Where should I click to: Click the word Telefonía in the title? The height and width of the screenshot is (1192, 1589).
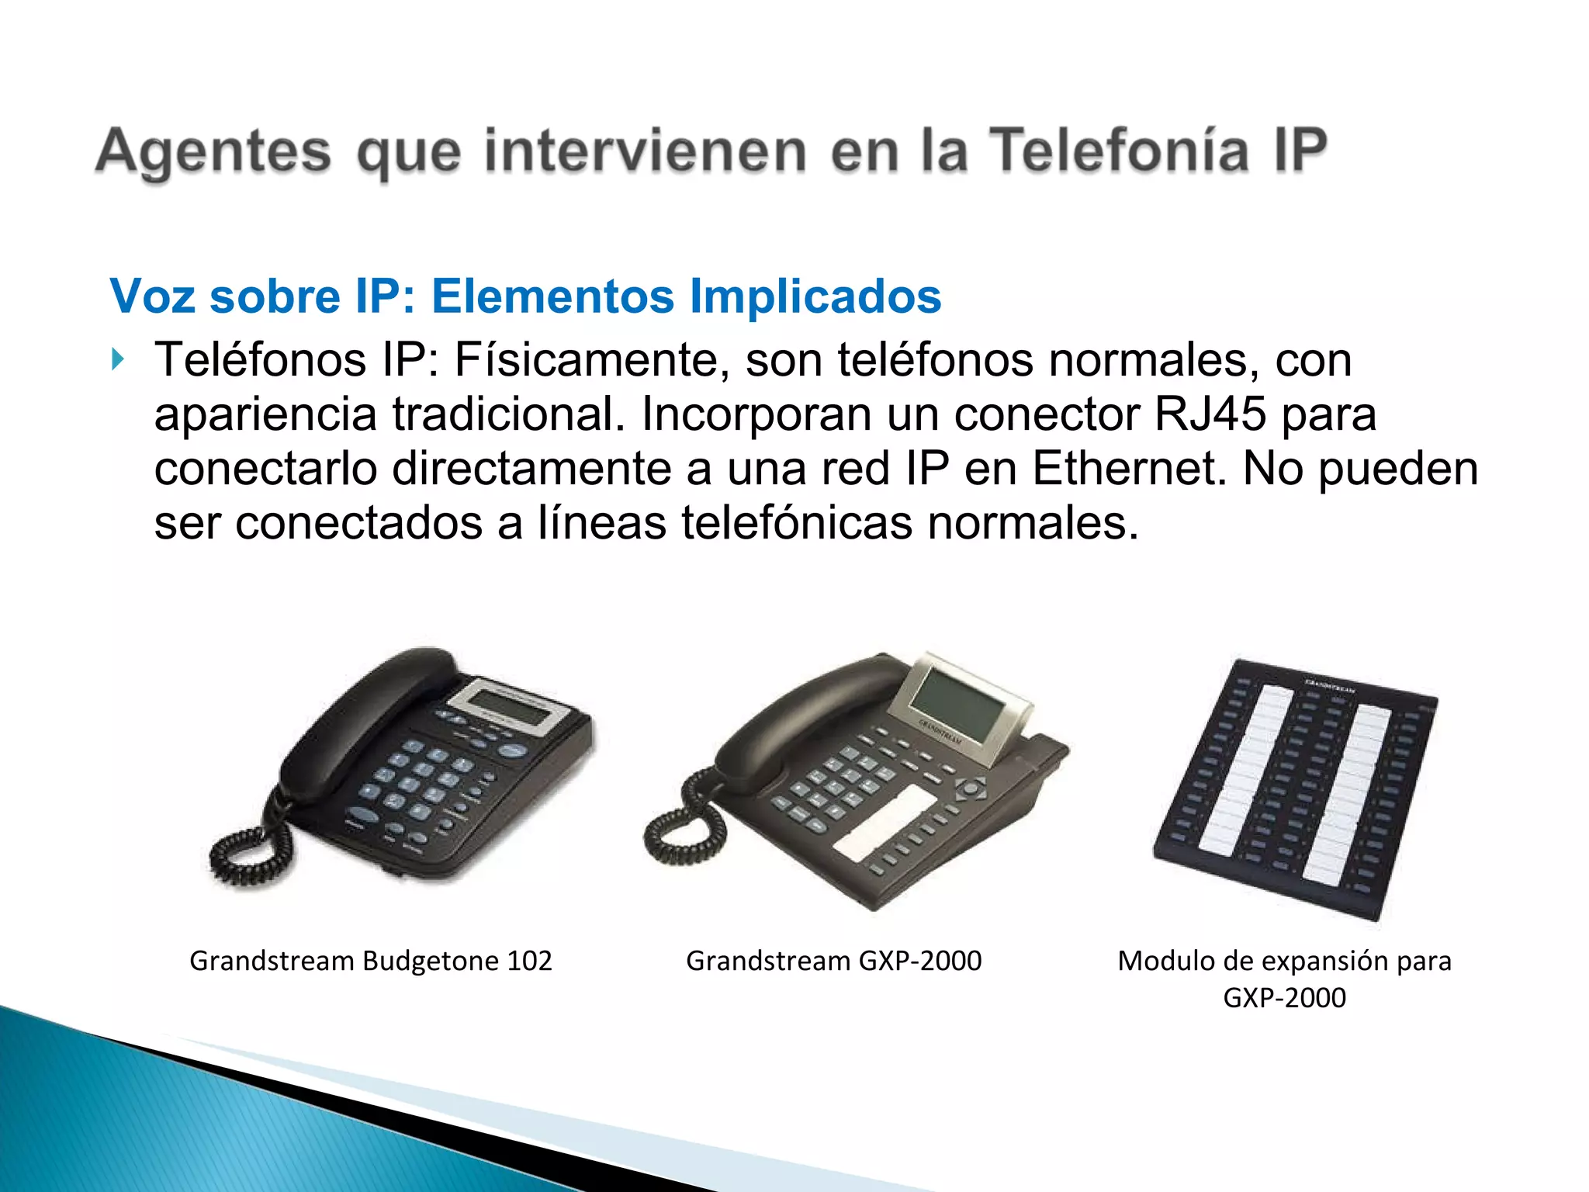coord(1119,151)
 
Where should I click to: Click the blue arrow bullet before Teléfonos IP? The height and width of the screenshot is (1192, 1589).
coord(118,359)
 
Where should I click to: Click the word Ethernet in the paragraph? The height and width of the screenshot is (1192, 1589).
coord(1129,469)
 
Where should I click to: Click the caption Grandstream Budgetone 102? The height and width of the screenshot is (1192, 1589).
coord(370,961)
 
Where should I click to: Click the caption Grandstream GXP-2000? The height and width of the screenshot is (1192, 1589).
coord(833,961)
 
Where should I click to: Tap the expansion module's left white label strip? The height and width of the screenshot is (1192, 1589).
coord(1245,768)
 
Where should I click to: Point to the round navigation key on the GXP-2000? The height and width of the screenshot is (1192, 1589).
coord(971,790)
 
